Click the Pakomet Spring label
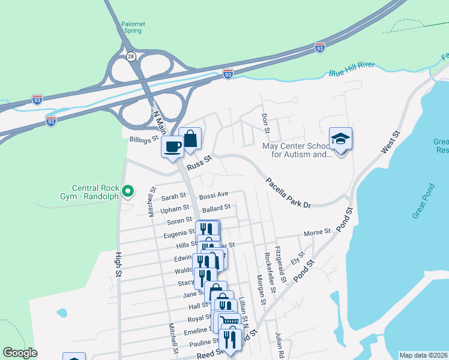[x=133, y=28]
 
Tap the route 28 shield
[x=131, y=56]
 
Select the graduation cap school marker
[x=340, y=140]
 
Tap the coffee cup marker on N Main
[x=172, y=146]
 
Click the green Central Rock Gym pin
[x=127, y=191]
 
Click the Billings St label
[x=143, y=139]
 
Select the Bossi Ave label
[x=214, y=196]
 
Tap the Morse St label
[x=318, y=232]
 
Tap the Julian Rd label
[x=279, y=343]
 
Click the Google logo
[x=20, y=353]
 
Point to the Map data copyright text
[x=423, y=355]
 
